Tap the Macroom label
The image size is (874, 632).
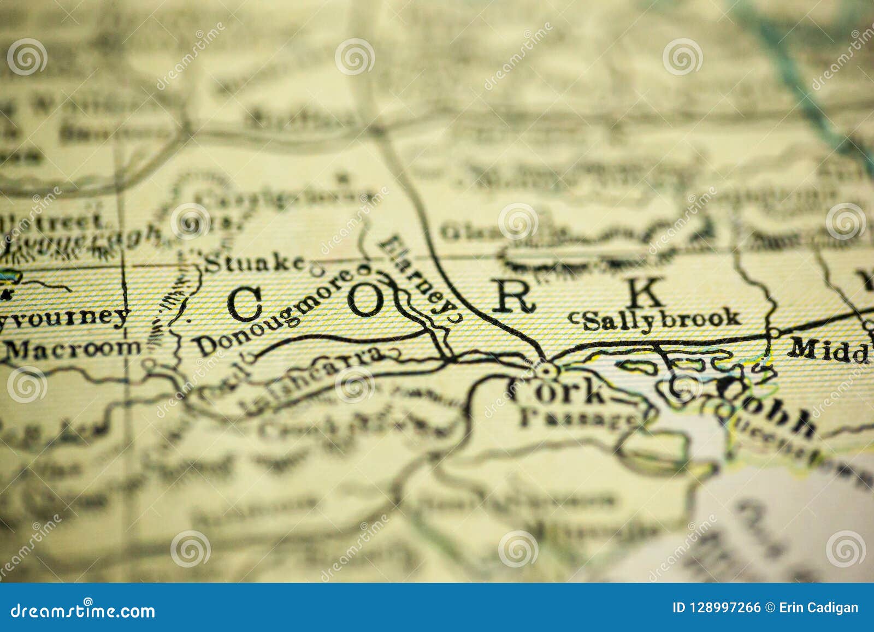click(x=72, y=349)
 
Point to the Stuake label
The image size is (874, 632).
click(x=254, y=263)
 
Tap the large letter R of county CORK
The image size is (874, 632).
click(x=514, y=298)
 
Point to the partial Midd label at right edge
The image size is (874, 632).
click(x=830, y=349)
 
